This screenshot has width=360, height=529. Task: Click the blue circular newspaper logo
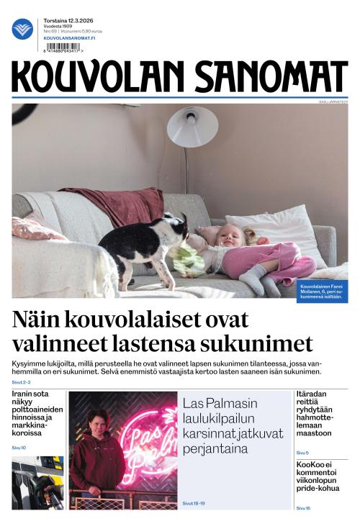[x=22, y=29]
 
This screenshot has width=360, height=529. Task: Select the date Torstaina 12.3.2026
[x=69, y=21]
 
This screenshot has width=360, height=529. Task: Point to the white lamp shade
[x=192, y=127]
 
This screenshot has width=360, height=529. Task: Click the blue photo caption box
[x=322, y=291]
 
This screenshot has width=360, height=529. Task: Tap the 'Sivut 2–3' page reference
[x=22, y=383]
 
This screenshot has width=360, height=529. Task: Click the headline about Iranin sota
[x=37, y=413]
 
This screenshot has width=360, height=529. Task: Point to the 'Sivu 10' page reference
[x=19, y=448]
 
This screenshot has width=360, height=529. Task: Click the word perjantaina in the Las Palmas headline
[x=215, y=449]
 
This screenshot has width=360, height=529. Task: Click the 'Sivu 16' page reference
[x=303, y=508]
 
